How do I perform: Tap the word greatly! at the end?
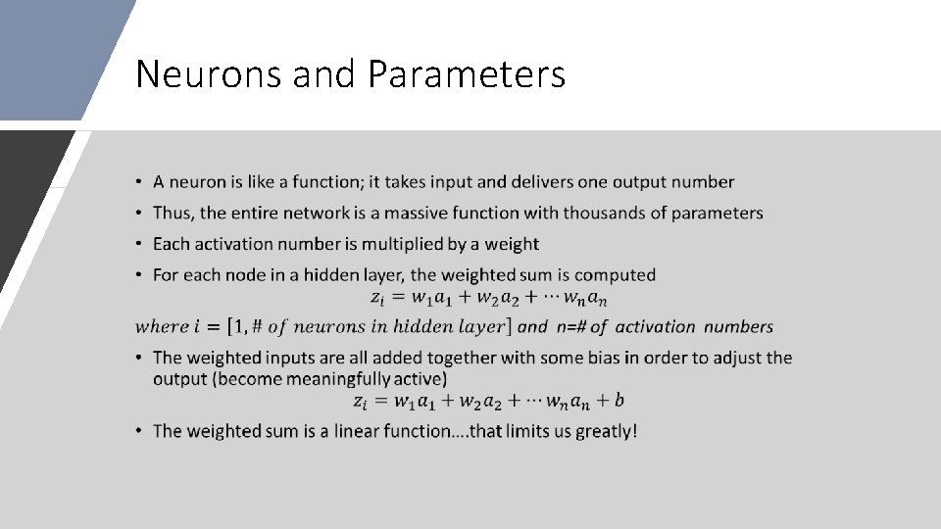point(606,431)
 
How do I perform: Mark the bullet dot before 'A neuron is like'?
point(141,182)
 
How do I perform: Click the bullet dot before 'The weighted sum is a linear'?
point(141,431)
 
